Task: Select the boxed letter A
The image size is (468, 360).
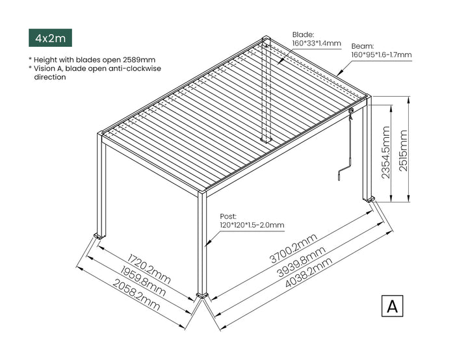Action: [391, 306]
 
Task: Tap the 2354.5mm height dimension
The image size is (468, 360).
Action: [386, 153]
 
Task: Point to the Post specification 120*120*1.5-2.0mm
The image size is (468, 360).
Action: [252, 225]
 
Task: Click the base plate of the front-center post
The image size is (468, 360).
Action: [203, 296]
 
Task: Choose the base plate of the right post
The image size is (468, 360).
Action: [370, 199]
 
